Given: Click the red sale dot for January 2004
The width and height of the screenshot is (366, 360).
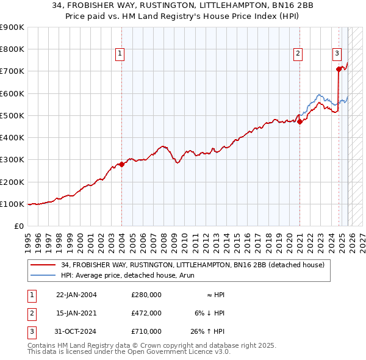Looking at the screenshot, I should point(121,164).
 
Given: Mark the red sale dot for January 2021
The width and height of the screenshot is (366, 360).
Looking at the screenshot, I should point(300,121).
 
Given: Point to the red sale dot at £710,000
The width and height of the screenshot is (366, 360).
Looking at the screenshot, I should point(339,69).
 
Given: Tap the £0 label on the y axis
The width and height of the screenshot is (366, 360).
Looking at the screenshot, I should point(18,226).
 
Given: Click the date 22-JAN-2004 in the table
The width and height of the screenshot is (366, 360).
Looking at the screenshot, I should point(76,295).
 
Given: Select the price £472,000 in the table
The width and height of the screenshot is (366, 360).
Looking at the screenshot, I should point(146,313).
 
